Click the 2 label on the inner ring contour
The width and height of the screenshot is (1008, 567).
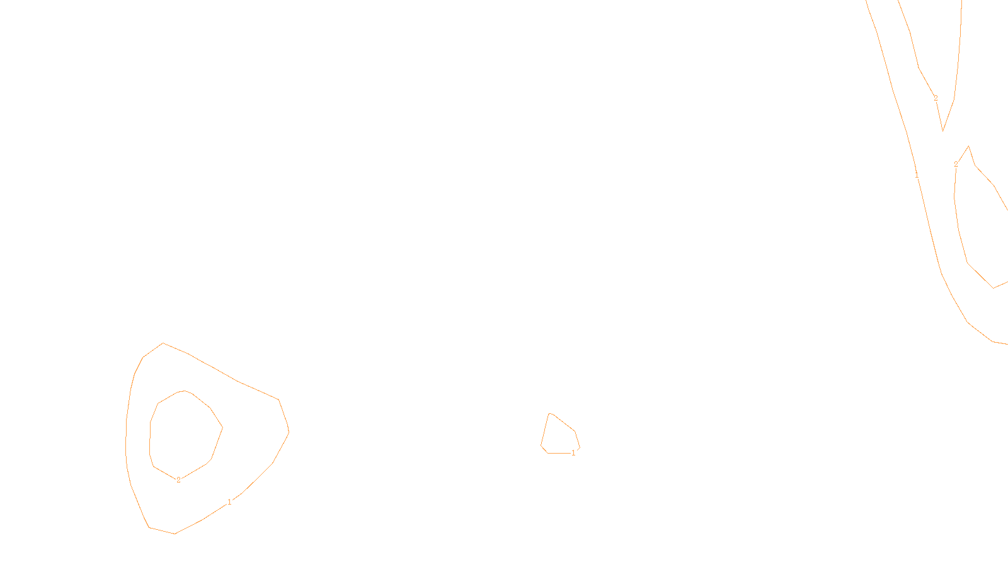178,480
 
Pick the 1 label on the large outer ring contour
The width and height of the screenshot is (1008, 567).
229,502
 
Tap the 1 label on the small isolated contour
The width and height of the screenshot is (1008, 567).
573,453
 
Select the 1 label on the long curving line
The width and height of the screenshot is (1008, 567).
917,175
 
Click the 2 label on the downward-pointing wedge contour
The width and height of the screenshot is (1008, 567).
936,98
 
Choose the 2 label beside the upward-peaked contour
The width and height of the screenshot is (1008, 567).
956,164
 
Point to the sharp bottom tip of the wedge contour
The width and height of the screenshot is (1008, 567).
942,131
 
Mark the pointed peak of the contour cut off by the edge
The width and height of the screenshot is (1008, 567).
968,146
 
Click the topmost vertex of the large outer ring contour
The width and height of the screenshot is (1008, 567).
163,343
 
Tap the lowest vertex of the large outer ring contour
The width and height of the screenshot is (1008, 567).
175,534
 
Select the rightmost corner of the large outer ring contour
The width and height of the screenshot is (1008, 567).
289,432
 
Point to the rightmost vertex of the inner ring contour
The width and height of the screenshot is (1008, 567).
222,427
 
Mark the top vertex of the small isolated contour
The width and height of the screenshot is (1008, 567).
550,413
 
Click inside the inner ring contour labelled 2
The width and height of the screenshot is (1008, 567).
185,435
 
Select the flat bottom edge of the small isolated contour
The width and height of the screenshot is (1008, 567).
559,453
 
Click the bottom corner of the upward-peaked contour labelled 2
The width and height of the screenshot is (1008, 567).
994,288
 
